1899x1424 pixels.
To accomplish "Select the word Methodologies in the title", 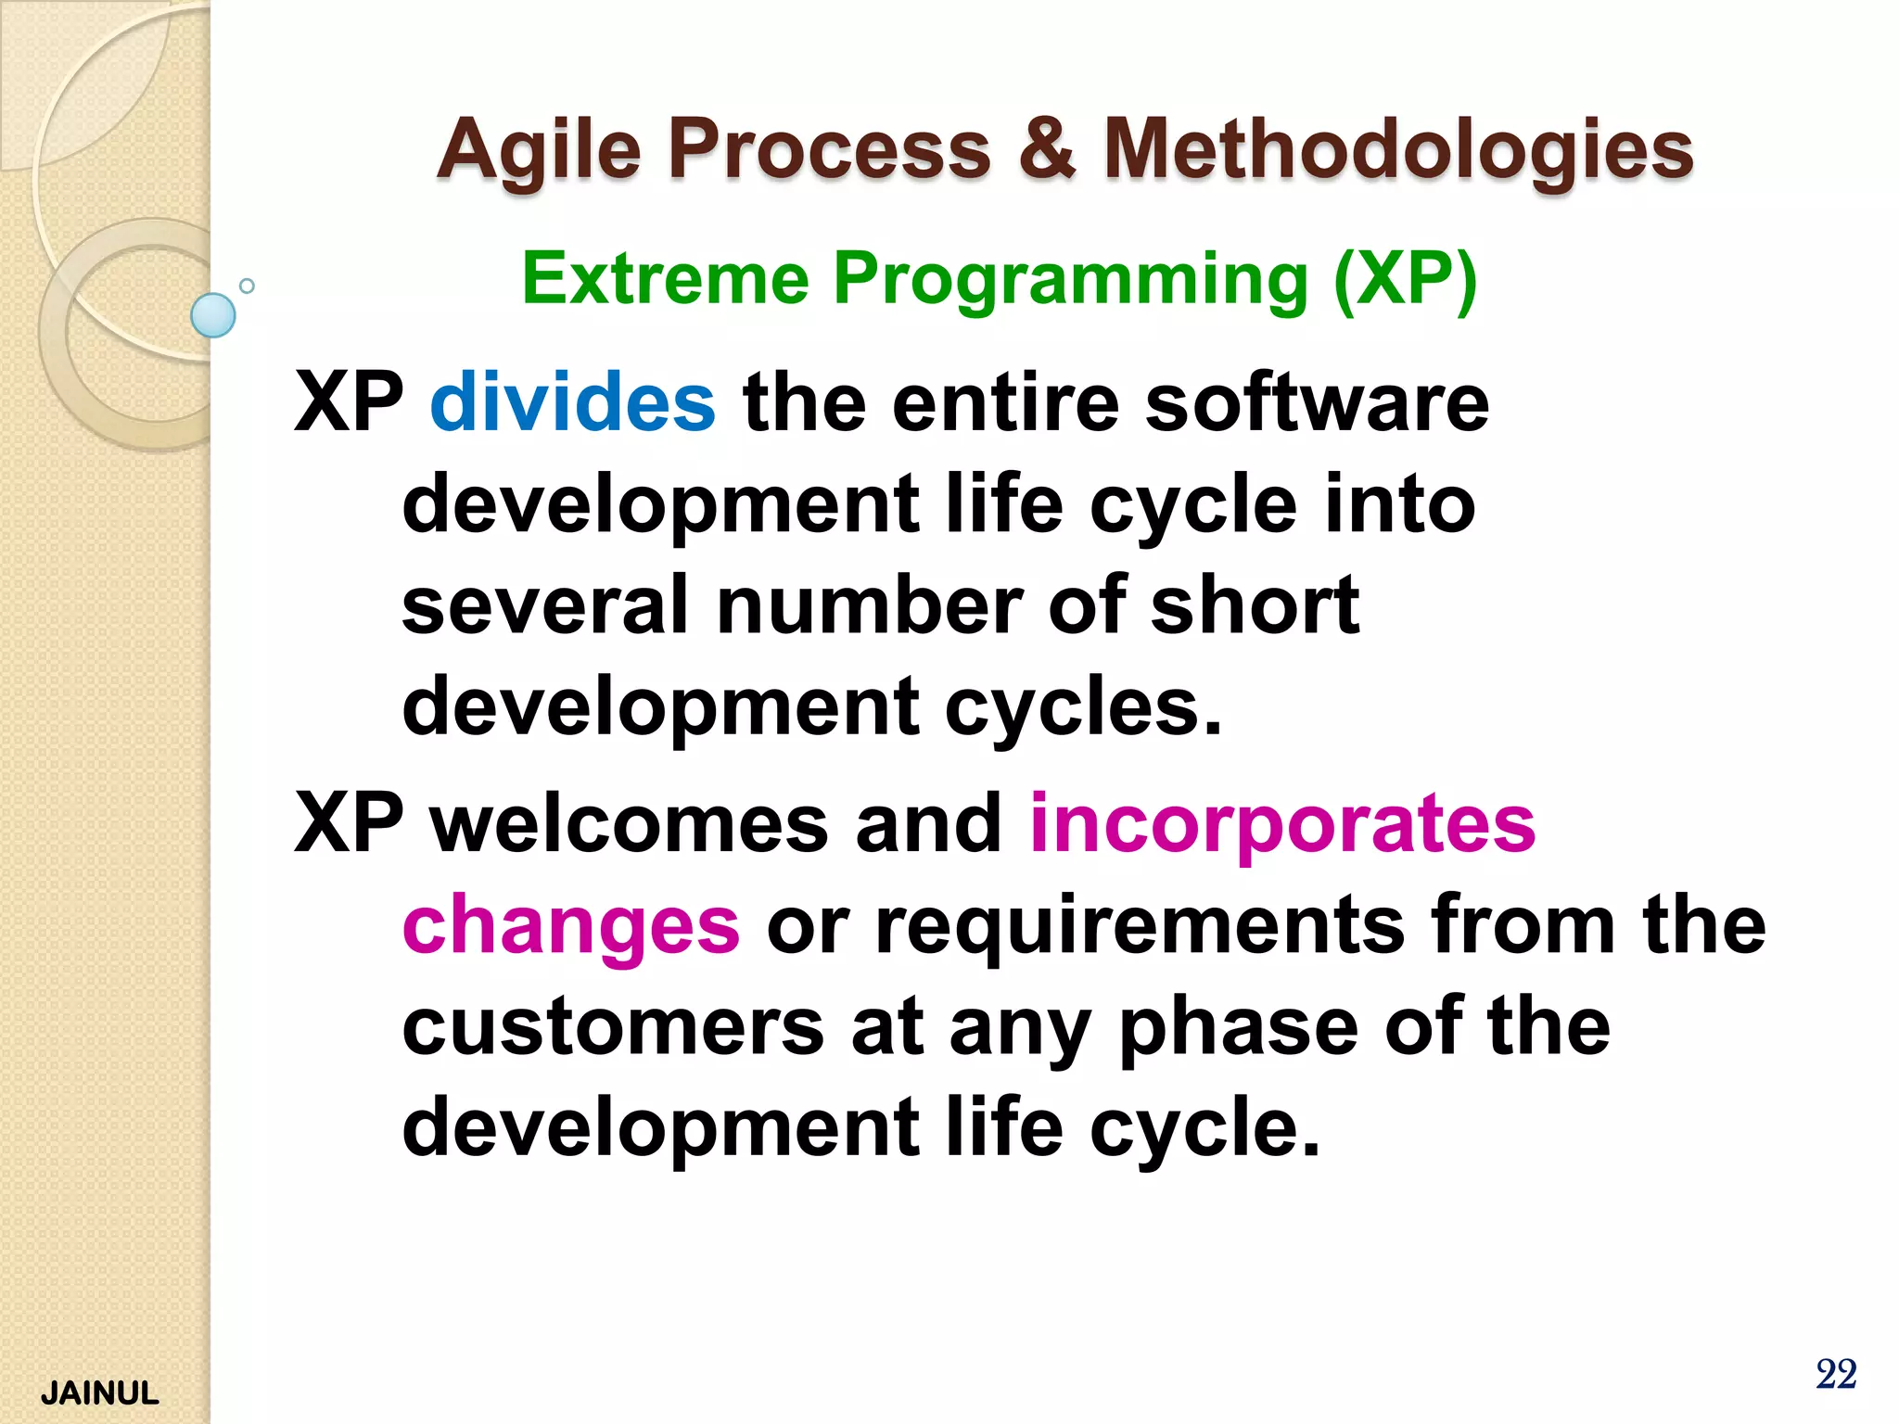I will pos(1398,150).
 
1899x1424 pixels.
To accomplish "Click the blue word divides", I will pos(572,402).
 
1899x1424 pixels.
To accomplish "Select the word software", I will pos(1317,402).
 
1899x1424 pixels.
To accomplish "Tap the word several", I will pos(545,605).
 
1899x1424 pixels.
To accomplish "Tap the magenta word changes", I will pos(571,926).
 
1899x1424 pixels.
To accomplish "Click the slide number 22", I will pos(1835,1374).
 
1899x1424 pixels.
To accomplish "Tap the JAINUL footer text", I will pos(100,1393).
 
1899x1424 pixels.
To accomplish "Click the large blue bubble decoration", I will pos(213,315).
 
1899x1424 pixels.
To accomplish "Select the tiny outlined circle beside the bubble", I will pos(247,286).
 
